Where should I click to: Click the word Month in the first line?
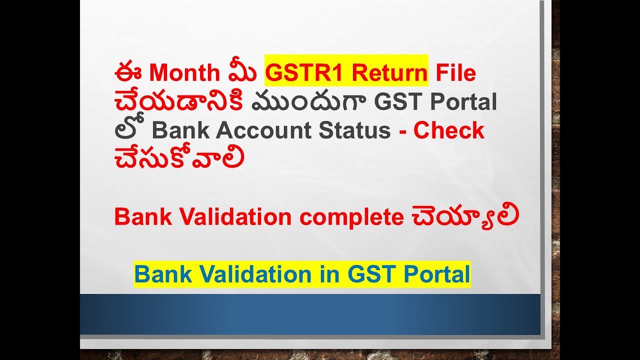coord(184,73)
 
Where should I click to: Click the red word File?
coord(455,73)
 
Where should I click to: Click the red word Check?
coord(449,130)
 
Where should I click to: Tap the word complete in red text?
coord(352,217)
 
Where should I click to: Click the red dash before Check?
coord(402,131)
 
